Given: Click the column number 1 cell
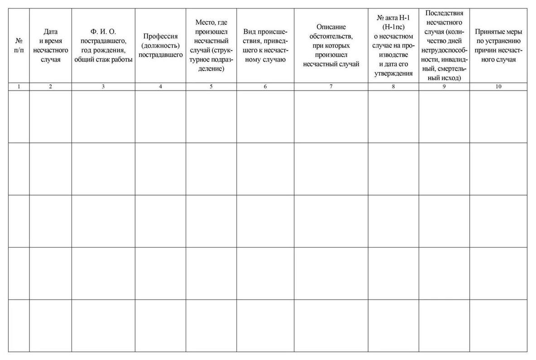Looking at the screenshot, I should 19,86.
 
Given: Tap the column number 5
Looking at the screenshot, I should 211,86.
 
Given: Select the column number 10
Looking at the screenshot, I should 498,86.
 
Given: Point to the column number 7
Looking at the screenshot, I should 331,86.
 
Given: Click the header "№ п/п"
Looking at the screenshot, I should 19,45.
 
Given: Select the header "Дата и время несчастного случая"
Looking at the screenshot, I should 50,45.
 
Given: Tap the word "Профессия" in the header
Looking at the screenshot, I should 160,37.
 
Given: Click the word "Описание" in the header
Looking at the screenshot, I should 331,27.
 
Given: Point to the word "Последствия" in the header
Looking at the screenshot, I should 444,13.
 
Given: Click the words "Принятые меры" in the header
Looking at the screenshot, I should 498,32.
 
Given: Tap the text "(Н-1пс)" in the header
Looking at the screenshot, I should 393,27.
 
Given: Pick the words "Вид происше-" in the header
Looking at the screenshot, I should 265,32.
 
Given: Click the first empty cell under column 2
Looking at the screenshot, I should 50,116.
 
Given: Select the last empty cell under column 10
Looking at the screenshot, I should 498,325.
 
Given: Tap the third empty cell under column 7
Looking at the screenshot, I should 331,221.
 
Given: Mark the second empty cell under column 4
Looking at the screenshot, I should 160,169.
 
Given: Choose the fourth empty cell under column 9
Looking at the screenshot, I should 444,273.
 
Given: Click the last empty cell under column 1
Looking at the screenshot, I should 19,325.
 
